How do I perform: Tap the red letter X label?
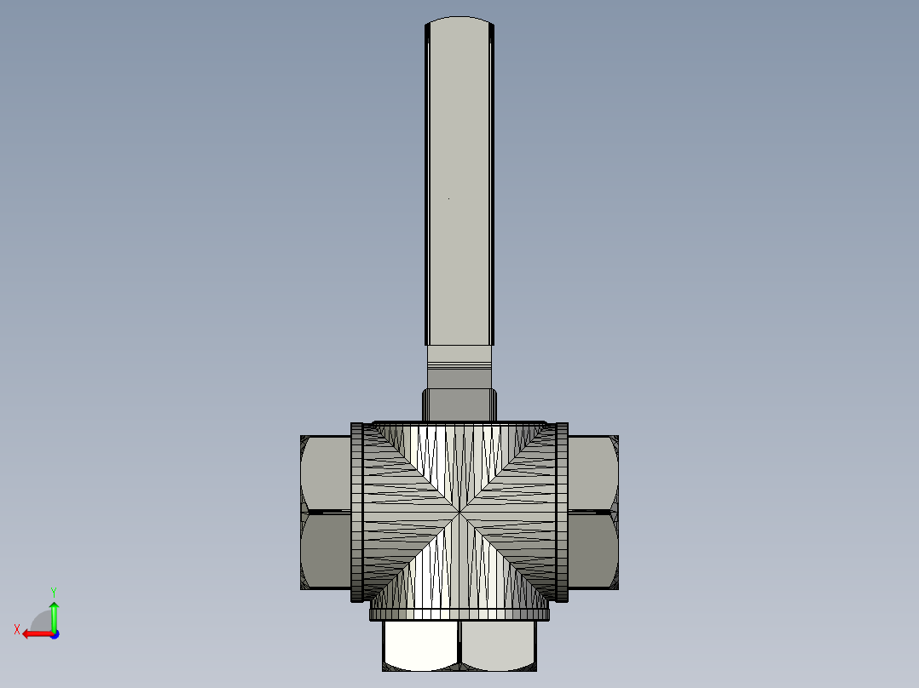[x=17, y=629]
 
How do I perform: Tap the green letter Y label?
[x=54, y=591]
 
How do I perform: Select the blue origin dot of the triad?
[x=54, y=634]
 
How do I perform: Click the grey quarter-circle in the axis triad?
[x=43, y=622]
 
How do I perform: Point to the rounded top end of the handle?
[x=459, y=21]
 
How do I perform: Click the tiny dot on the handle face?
[x=449, y=199]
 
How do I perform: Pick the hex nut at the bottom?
[x=459, y=646]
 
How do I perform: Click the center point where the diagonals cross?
[x=459, y=513]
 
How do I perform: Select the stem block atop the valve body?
[x=459, y=404]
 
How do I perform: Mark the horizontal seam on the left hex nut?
[x=325, y=512]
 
